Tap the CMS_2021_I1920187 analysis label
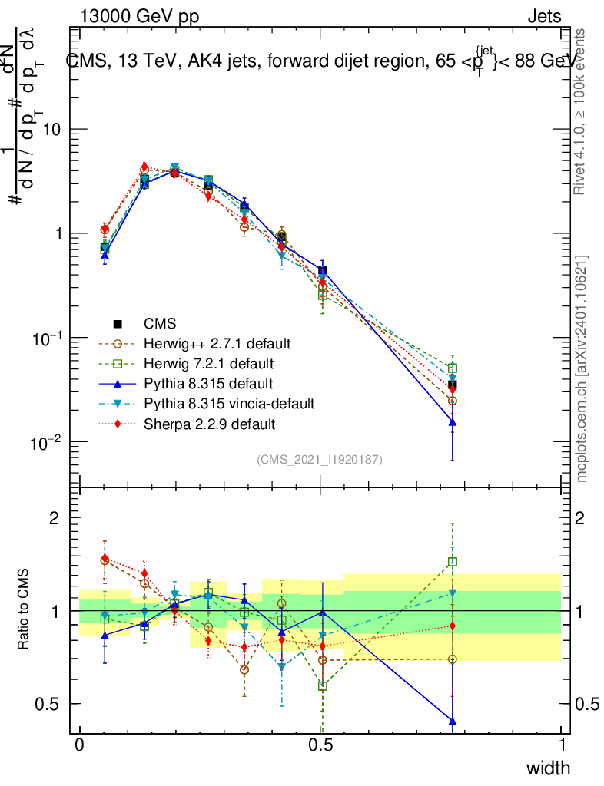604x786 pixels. click(320, 459)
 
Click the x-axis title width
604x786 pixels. click(548, 768)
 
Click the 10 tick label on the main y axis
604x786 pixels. click(52, 130)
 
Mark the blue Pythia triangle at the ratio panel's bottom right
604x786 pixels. click(453, 722)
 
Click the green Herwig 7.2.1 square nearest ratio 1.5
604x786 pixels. click(453, 562)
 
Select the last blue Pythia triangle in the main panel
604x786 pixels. click(453, 422)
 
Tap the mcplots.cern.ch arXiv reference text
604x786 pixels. click(582, 368)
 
